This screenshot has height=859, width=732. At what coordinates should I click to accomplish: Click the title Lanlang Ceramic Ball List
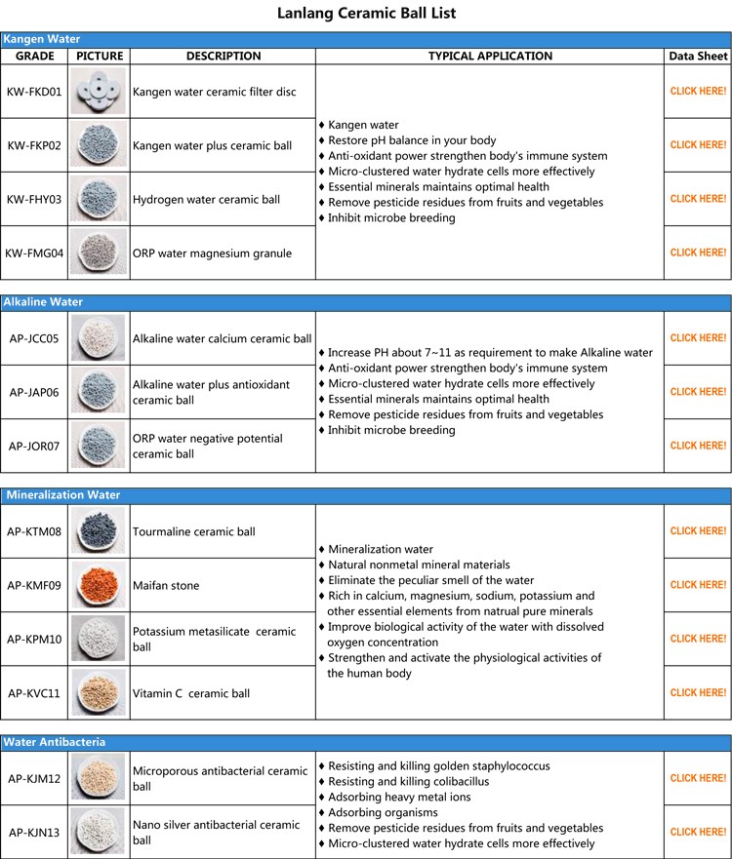pos(366,14)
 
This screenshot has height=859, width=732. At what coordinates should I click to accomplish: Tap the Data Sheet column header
pos(698,56)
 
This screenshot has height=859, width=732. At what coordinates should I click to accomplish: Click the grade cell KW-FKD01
pos(34,91)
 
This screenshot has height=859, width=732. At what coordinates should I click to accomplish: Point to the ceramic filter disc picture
pos(100,91)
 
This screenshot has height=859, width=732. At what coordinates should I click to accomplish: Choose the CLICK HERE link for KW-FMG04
pos(698,253)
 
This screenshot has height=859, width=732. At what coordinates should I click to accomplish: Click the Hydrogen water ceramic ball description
pos(206,199)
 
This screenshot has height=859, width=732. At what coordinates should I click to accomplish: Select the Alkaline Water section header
pos(43,302)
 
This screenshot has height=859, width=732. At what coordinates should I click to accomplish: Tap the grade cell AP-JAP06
pos(34,392)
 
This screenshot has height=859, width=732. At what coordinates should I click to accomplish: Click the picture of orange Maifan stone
pos(100,585)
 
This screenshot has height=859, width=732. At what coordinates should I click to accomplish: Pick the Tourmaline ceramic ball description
pos(194,531)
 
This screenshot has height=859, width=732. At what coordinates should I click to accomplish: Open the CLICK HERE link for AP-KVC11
pos(698,693)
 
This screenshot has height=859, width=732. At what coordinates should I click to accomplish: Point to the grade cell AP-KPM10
pos(34,639)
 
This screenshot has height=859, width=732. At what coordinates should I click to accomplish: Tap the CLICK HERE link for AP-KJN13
pos(698,832)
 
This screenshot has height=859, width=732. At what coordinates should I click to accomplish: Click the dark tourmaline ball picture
pos(100,531)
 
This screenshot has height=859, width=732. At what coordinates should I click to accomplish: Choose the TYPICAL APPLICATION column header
pos(490,56)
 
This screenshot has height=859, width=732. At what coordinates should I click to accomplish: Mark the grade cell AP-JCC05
pos(34,338)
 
